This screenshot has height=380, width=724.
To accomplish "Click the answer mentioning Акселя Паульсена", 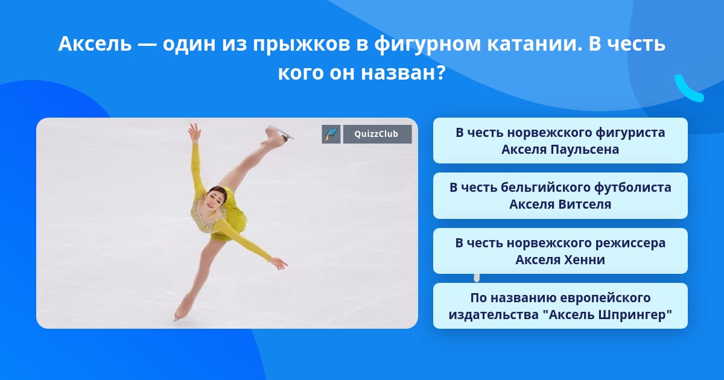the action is pos(560,141).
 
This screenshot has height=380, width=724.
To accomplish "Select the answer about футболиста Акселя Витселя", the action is pos(560,196).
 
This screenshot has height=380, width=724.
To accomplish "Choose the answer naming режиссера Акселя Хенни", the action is pos(560,251).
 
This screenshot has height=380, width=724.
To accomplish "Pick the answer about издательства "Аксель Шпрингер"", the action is pos(560,306).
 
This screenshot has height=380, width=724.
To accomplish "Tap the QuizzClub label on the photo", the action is pos(377,134).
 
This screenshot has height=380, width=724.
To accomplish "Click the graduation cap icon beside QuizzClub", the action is pos(331,134).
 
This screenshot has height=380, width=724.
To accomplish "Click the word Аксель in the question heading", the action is pos(95,43).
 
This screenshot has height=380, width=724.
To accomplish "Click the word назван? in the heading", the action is pos(403,73).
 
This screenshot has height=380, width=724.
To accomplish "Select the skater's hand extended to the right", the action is pos(279,263).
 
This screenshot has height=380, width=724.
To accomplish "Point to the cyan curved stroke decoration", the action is pos(688,89).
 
